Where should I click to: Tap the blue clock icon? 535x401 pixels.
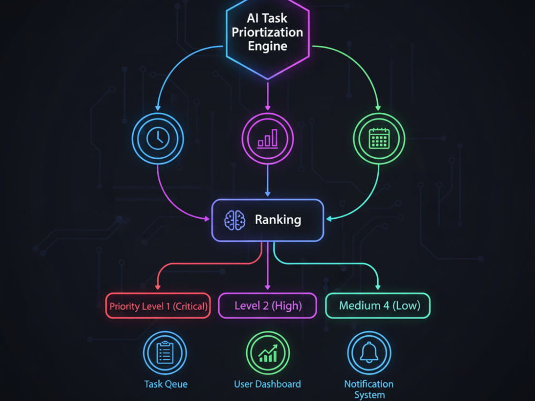click(158, 138)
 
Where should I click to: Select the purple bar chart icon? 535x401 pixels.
click(268, 139)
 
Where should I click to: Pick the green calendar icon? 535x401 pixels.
click(379, 138)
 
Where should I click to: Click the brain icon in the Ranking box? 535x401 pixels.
click(235, 220)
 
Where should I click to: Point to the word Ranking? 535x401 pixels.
click(278, 220)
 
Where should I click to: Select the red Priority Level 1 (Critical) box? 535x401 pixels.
click(158, 306)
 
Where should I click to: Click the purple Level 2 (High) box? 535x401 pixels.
click(268, 305)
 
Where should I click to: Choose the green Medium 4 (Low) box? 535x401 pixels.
click(378, 305)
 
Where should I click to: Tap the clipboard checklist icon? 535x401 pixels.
click(165, 353)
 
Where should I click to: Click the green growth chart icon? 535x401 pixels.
click(268, 353)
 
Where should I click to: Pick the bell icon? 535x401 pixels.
click(369, 352)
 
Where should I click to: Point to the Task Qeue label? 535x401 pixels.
click(166, 384)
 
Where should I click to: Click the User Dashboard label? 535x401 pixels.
click(267, 384)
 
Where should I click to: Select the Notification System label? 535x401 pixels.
click(369, 389)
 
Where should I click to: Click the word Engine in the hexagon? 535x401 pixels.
click(267, 46)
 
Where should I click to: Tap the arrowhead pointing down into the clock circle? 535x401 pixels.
click(158, 108)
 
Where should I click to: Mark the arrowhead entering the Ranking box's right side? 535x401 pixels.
click(329, 219)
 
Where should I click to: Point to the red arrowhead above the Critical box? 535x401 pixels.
click(158, 287)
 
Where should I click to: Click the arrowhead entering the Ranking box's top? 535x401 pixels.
click(268, 194)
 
